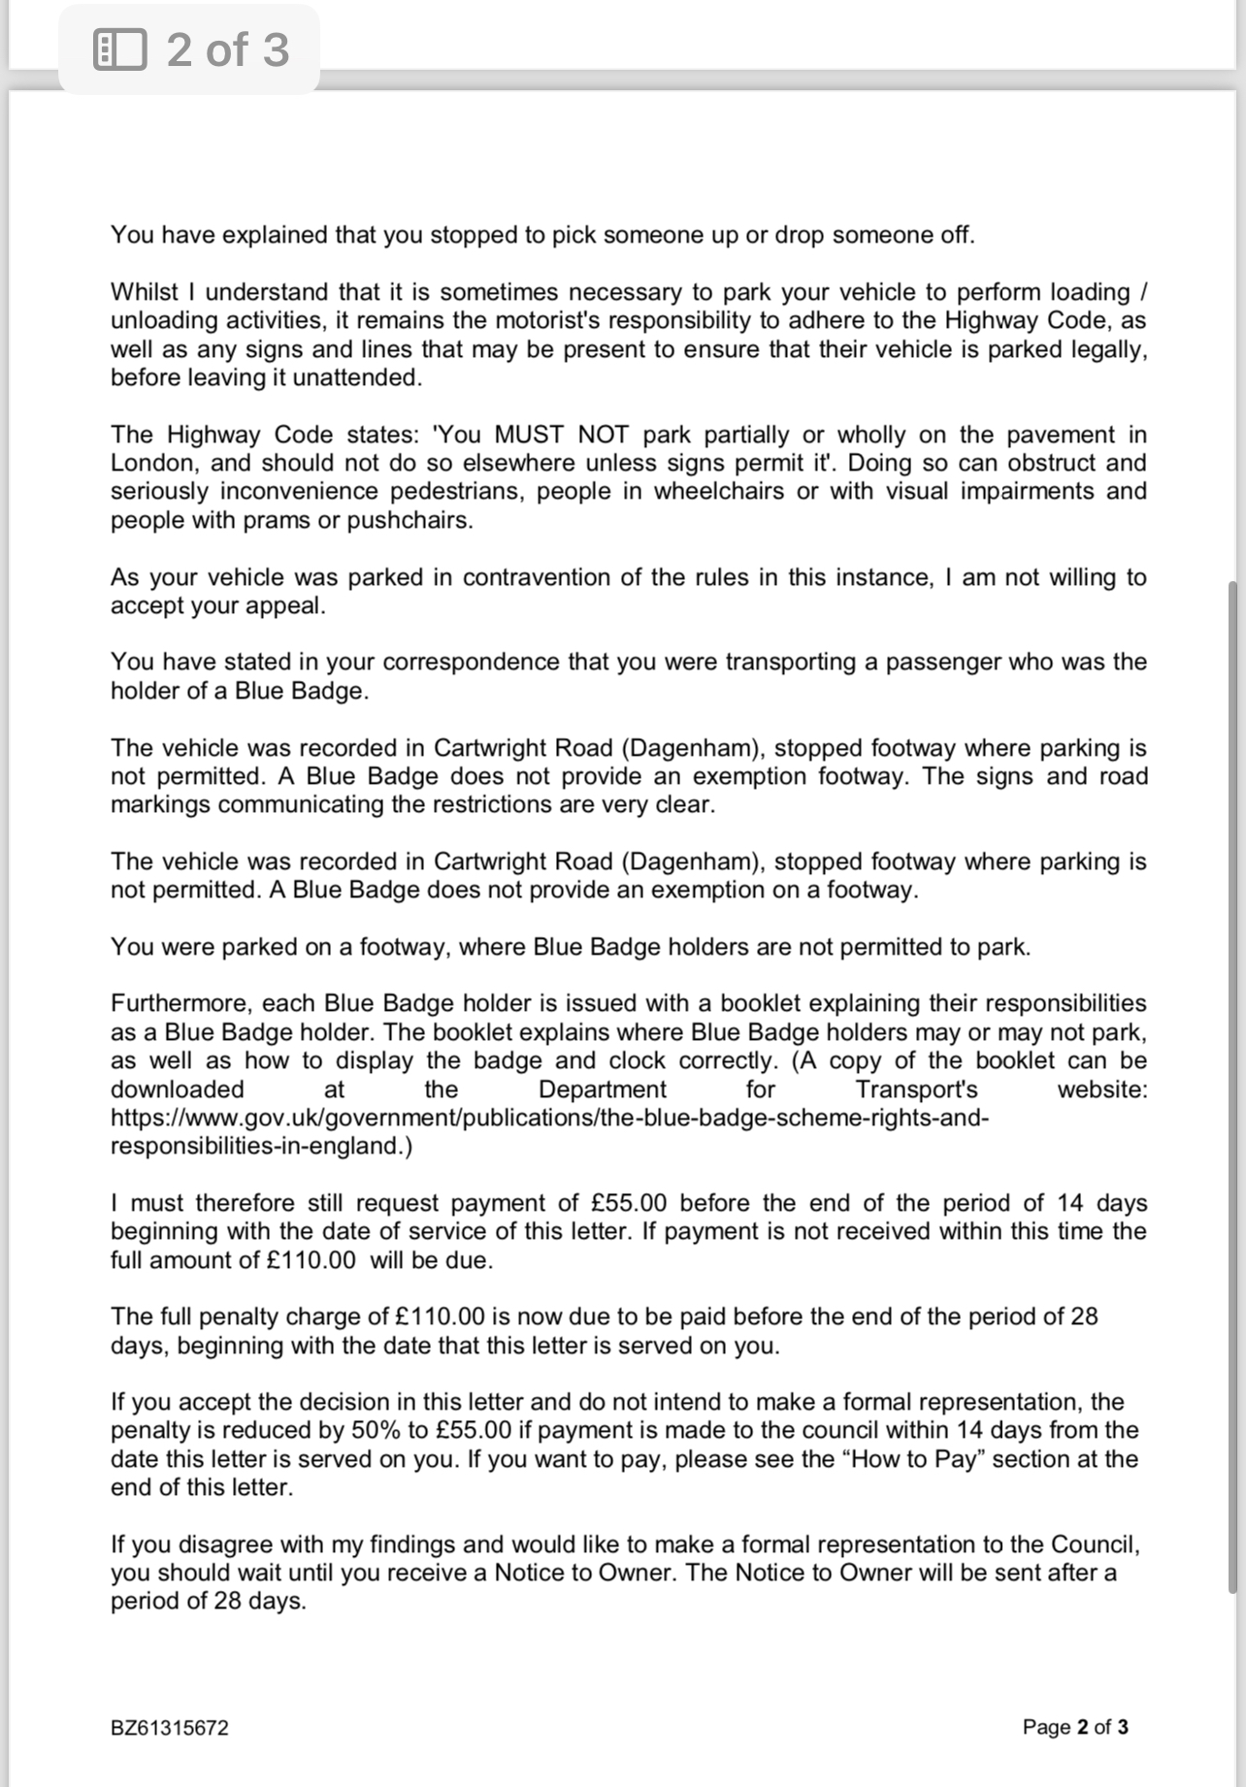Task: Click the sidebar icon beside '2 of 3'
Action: tap(120, 49)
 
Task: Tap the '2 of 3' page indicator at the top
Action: tap(227, 49)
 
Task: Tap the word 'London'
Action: tap(153, 463)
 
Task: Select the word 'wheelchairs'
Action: tap(718, 491)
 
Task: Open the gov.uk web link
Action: tap(549, 1118)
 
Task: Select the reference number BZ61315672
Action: tap(170, 1728)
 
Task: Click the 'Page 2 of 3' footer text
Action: tap(1075, 1727)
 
